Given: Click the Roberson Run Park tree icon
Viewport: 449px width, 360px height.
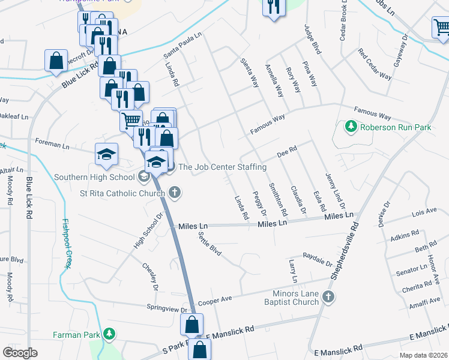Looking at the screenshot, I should click(x=350, y=127).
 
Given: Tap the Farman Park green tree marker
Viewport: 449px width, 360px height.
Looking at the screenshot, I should click(x=109, y=333).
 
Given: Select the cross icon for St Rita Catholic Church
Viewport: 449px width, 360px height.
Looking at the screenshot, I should click(x=175, y=193).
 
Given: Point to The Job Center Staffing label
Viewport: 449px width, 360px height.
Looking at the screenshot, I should click(x=222, y=167).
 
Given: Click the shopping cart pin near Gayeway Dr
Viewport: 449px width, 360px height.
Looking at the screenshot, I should click(x=440, y=27).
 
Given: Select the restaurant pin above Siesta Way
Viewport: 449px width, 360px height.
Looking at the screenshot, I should click(x=273, y=8).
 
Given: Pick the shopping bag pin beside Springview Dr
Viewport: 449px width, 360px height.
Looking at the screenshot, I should click(x=191, y=326).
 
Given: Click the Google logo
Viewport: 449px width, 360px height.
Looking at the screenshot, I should click(x=20, y=352).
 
